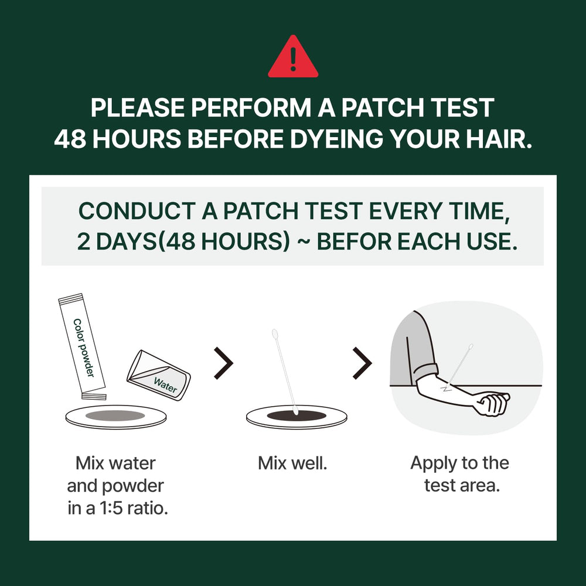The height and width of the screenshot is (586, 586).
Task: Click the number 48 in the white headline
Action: tap(70, 139)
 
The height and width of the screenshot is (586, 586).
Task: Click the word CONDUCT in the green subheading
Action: tap(137, 211)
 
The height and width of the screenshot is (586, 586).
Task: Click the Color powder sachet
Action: tap(82, 346)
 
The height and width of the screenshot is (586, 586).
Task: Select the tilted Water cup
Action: tap(158, 375)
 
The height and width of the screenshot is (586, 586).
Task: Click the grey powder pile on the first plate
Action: tap(115, 415)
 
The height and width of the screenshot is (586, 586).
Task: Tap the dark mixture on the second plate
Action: tap(297, 415)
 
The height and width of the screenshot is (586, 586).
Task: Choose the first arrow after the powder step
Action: tap(223, 363)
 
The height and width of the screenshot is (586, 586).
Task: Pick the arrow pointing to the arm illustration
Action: tap(362, 363)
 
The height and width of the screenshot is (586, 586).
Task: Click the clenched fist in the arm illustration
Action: tap(493, 404)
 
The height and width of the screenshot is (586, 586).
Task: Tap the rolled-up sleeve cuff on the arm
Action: tap(425, 373)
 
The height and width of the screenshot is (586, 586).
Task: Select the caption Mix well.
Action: tap(292, 464)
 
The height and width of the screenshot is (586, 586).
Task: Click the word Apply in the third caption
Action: tap(433, 464)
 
